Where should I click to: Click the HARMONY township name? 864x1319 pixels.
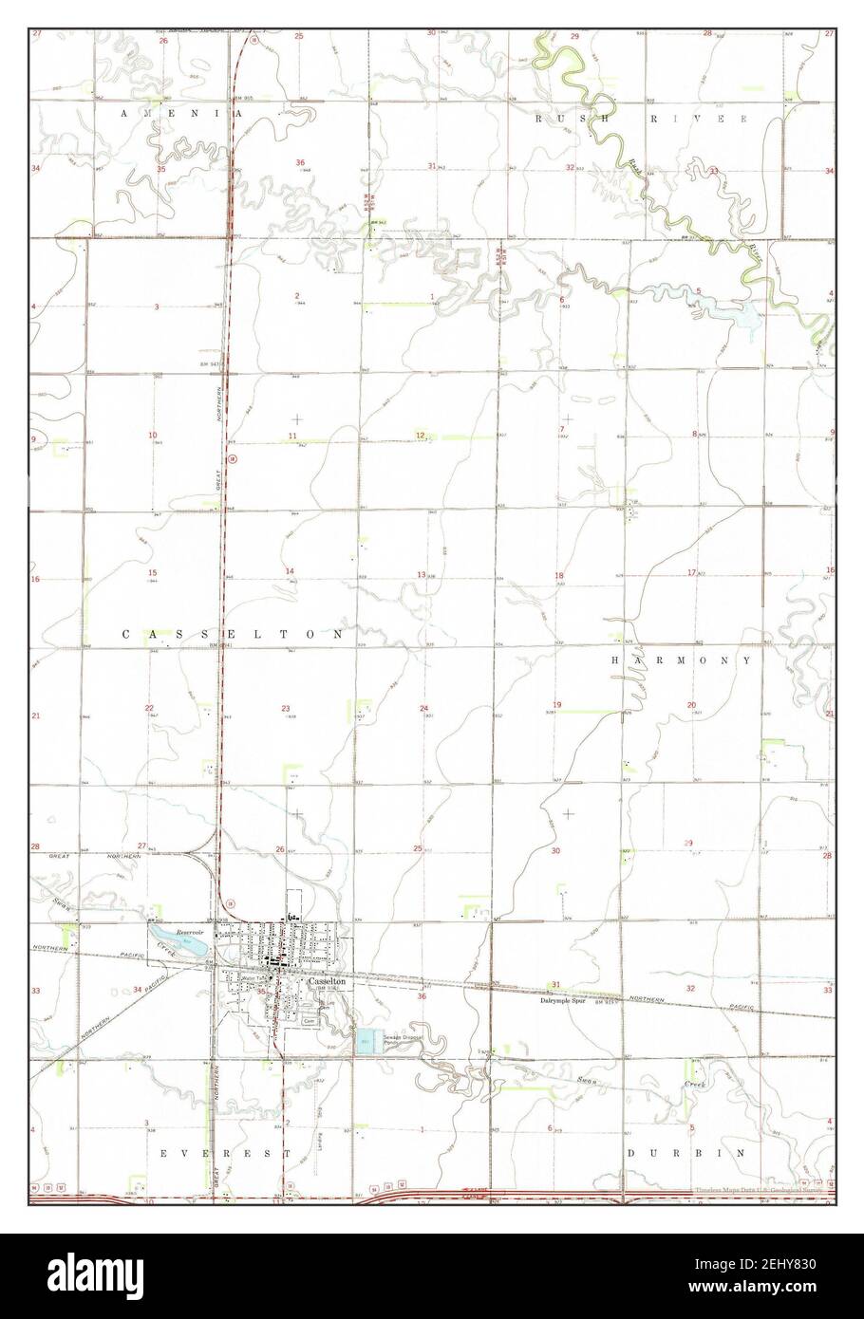[681, 659]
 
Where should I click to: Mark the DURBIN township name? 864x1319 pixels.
[685, 1152]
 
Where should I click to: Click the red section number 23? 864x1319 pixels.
[285, 709]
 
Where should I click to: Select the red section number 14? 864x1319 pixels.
[290, 570]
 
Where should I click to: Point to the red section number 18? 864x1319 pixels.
[559, 576]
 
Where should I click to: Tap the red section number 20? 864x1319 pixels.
[691, 704]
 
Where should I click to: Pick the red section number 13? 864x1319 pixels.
[421, 575]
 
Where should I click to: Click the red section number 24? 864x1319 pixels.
[423, 709]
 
